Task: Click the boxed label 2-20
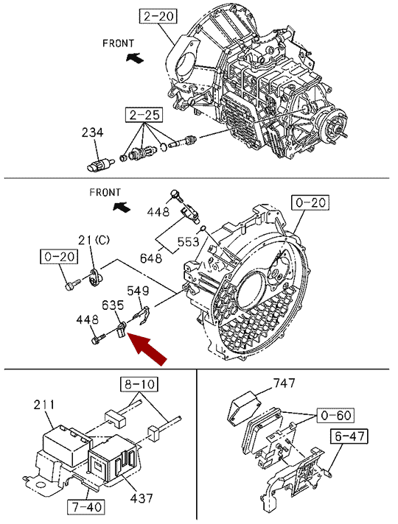click(159, 16)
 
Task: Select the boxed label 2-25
click(144, 115)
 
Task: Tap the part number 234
click(92, 132)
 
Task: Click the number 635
click(113, 305)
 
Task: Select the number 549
click(138, 291)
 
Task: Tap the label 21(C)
click(94, 240)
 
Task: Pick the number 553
click(188, 241)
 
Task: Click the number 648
click(151, 258)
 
